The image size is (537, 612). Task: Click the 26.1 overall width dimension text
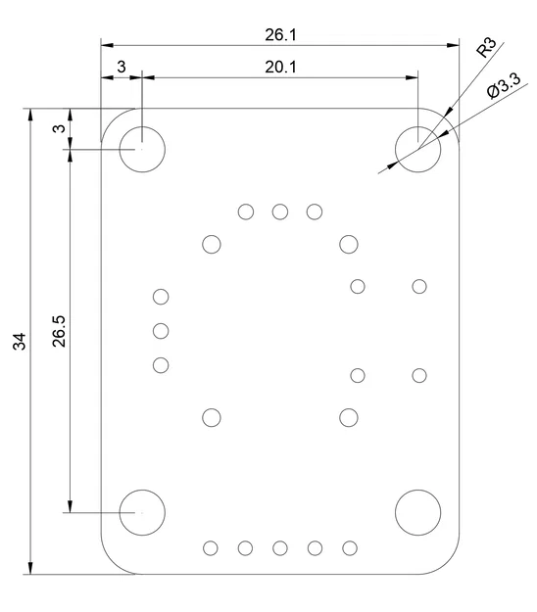(x=280, y=34)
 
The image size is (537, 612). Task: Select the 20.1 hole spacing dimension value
(x=280, y=67)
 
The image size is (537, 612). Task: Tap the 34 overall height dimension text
(x=20, y=341)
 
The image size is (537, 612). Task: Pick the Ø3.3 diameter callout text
(x=503, y=89)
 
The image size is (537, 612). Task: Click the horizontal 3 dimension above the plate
(x=122, y=67)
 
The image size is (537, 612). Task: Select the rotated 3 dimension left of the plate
(x=59, y=128)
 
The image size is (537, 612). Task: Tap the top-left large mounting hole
(x=142, y=150)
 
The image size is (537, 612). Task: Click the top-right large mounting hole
(x=418, y=150)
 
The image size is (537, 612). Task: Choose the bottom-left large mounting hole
(x=142, y=511)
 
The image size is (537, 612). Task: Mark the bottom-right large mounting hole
(x=418, y=511)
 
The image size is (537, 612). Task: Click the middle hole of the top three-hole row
(x=280, y=212)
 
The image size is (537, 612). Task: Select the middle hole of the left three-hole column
(x=162, y=331)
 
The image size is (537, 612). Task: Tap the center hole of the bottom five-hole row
(x=280, y=547)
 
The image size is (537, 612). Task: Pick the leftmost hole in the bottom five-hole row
(x=211, y=547)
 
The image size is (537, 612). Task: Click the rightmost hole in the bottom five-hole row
(x=350, y=547)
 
